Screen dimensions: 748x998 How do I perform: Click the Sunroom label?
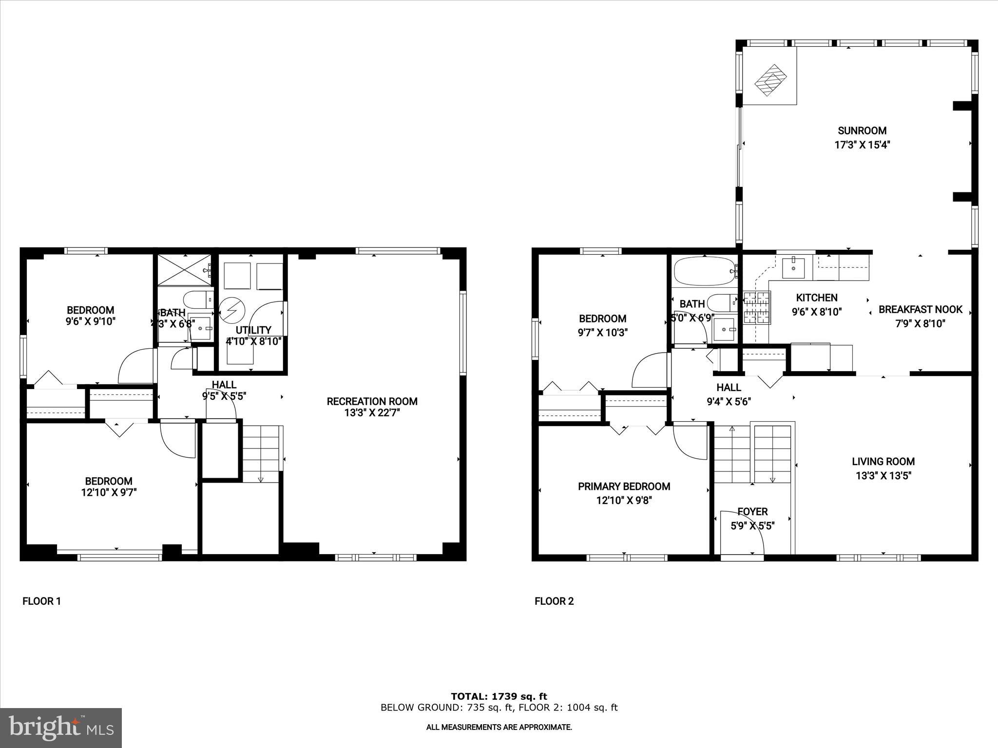coord(862,131)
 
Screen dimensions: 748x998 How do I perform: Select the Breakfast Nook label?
coord(920,309)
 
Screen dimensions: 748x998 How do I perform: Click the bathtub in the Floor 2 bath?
coord(705,271)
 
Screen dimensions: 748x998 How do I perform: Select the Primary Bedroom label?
coord(624,486)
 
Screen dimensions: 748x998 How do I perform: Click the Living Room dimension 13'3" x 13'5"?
coord(883,476)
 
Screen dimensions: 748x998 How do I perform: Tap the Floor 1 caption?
coord(41,601)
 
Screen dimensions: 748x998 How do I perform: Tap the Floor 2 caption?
coord(554,601)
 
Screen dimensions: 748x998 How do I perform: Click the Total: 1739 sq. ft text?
coord(499,696)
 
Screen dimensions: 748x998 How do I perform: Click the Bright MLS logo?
coord(60,728)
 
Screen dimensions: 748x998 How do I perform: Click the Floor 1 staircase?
coord(262,453)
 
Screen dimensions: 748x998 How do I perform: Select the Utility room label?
coord(253,330)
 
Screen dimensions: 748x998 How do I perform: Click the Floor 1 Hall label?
coord(224,385)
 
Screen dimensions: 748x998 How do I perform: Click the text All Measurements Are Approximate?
coord(499,727)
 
